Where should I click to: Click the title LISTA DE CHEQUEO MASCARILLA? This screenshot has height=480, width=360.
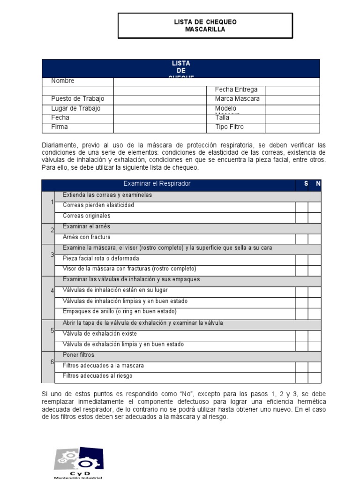tap(205, 25)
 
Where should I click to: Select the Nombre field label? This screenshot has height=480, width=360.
tap(63, 81)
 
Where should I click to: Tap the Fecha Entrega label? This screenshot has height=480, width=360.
tap(236, 90)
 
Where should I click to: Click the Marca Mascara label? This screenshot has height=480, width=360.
tap(237, 99)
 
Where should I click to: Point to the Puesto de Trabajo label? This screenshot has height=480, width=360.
tap(78, 99)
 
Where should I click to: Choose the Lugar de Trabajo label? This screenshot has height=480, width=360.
tap(76, 108)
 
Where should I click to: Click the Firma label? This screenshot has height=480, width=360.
tap(60, 127)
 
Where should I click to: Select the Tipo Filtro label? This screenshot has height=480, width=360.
tap(229, 127)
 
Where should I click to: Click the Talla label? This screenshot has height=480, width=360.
tap(222, 118)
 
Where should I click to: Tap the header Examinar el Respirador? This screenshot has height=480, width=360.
tap(157, 184)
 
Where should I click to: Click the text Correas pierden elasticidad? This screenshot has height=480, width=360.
tap(98, 205)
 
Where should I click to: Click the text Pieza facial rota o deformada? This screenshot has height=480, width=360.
tap(101, 258)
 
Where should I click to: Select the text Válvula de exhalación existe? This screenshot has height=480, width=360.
tap(100, 334)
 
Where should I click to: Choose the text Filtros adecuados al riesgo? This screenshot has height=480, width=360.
tap(97, 376)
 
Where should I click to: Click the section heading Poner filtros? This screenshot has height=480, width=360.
tap(78, 355)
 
